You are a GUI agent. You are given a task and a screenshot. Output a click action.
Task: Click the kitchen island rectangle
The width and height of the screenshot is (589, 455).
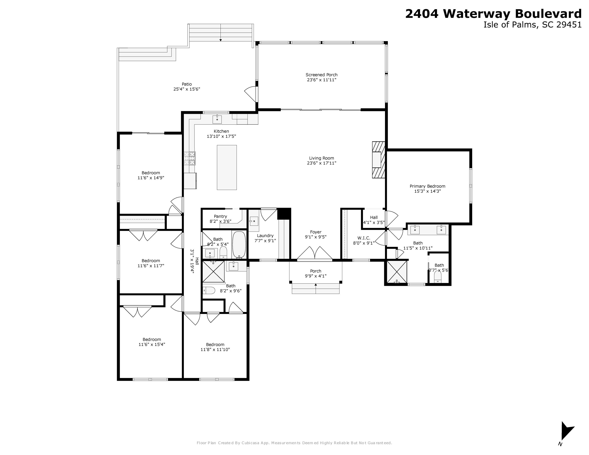pos(227,167)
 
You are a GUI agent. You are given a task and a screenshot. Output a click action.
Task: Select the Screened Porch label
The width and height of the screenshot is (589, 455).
pos(321,75)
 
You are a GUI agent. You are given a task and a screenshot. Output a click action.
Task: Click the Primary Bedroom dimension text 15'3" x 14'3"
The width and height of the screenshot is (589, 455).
pos(427,191)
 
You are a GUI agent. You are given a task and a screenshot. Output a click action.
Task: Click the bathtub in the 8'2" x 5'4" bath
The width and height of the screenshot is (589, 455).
pos(239,245)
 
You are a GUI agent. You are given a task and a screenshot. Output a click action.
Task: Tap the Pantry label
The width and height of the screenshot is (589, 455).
pos(220,216)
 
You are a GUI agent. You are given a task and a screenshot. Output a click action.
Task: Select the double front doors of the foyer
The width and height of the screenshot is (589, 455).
pos(315,253)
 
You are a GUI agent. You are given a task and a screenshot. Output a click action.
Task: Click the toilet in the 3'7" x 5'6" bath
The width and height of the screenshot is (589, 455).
pos(437,277)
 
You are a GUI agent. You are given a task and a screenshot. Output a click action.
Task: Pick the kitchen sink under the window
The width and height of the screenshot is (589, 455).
pos(217,119)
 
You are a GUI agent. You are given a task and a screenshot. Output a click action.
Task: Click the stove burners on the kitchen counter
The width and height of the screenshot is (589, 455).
pos(190,158)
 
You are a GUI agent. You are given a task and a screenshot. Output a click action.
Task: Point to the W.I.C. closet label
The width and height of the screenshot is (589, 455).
pos(364,238)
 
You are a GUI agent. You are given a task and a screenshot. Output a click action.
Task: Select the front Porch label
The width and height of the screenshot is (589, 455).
pos(316,271)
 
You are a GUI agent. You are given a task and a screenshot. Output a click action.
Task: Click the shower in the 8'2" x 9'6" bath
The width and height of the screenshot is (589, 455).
pos(213,272)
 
